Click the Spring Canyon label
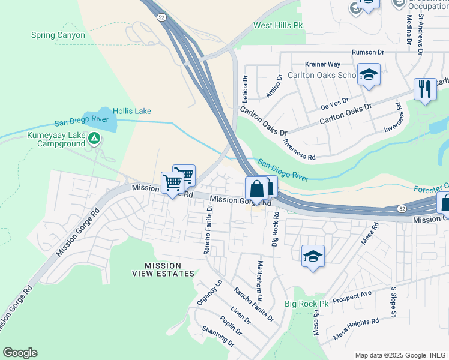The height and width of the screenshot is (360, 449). coord(58,35)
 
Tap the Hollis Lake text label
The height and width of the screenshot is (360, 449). coord(133,111)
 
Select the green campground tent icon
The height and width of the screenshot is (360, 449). coord(94,139)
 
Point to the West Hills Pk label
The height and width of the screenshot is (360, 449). coord(277,25)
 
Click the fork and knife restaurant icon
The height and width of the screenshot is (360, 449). coord(425,89)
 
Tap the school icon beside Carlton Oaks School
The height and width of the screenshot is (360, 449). coord(369,75)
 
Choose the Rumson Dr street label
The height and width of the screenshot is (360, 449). coord(368,52)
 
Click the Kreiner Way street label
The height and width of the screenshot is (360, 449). coord(322,64)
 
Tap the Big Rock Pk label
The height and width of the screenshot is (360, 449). coord(307,304)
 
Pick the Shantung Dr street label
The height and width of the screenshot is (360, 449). coord(218,336)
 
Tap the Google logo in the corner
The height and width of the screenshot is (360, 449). coord(20,353)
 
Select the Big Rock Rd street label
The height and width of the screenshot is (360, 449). coord(275,228)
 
